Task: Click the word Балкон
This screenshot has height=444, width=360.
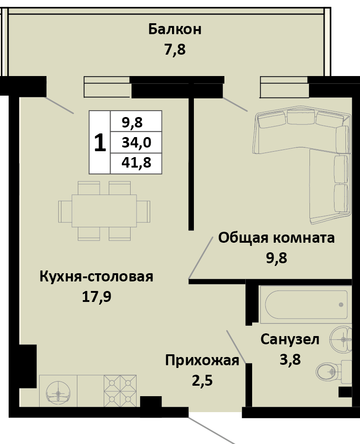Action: tap(175, 31)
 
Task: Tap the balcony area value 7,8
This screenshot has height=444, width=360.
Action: tap(175, 49)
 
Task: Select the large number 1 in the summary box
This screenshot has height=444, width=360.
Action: tap(100, 143)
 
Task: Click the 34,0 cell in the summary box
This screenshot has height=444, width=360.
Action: tap(136, 143)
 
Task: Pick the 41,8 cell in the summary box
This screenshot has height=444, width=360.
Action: tap(136, 163)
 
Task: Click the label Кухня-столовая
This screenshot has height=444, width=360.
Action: tap(96, 276)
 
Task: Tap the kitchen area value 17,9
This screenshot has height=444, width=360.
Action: tap(96, 297)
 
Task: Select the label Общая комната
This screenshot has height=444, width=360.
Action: tap(276, 238)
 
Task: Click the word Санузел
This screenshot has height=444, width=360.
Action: tap(289, 339)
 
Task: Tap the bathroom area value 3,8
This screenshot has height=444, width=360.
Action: tap(289, 360)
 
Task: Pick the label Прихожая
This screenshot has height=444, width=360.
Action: tap(202, 361)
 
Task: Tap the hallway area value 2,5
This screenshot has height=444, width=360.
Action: tap(202, 379)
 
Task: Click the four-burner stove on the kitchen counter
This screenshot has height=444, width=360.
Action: tap(120, 390)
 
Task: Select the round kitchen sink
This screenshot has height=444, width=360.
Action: tap(58, 391)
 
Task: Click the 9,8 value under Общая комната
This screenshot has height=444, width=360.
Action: tap(276, 258)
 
